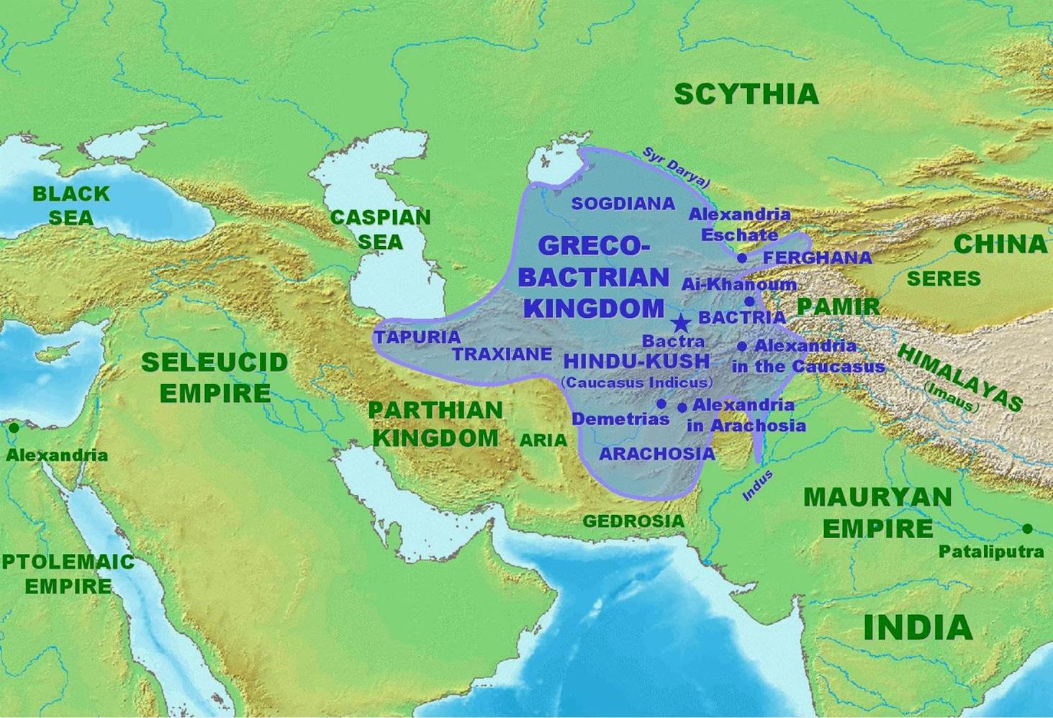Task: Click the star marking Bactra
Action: point(679,323)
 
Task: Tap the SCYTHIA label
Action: point(746,94)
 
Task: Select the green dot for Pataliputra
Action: point(1027,529)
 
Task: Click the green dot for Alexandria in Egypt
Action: point(14,427)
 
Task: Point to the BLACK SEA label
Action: point(71,205)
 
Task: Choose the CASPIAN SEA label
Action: point(380,229)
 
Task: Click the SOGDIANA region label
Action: point(623,204)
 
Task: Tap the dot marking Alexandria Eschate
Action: point(742,258)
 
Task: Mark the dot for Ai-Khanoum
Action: point(749,301)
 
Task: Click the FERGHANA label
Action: point(817,258)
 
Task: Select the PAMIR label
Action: point(838,306)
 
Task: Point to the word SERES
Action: point(944,278)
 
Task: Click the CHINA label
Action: point(1000,244)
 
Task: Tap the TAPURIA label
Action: point(417,337)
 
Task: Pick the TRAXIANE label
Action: point(502,354)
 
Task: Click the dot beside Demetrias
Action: point(661,404)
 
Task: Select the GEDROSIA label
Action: point(633,521)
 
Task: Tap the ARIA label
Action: point(543,440)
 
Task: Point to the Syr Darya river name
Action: point(676,168)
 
